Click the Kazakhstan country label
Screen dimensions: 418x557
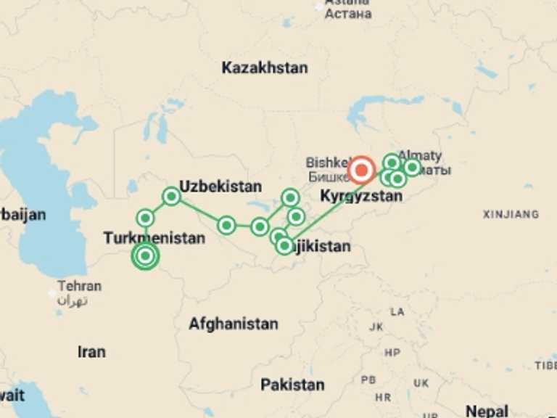265,68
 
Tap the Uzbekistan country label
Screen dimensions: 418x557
220,187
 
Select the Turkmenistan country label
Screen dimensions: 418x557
154,237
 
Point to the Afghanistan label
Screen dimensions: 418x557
234,324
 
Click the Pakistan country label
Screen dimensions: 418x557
292,384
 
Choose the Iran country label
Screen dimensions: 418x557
91,352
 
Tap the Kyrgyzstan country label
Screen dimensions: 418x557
361,196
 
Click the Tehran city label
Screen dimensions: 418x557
80,286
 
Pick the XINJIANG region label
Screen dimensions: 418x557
511,214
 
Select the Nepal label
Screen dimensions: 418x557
487,411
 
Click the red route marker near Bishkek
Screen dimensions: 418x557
361,171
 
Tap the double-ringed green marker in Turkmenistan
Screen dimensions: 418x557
145,255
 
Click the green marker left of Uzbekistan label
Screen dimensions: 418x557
171,196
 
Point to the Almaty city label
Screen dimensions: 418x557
421,156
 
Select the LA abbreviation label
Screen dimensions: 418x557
397,312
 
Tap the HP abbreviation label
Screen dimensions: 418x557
392,353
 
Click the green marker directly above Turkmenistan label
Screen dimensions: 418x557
146,218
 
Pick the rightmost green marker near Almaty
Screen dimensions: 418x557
412,168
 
